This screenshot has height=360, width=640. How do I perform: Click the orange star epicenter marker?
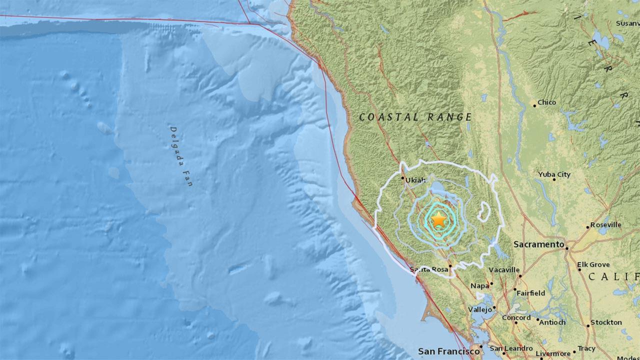pyautogui.click(x=438, y=219)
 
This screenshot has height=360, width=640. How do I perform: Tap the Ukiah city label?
pyautogui.click(x=415, y=180)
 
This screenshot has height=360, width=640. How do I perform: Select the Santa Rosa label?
pyautogui.click(x=429, y=269)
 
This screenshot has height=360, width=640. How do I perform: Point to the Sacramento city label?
pyautogui.click(x=538, y=244)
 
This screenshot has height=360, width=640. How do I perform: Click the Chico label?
pyautogui.click(x=546, y=102)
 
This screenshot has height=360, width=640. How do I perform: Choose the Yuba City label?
pyautogui.click(x=554, y=174)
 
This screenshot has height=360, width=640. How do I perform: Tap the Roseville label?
pyautogui.click(x=605, y=225)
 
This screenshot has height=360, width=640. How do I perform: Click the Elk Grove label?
pyautogui.click(x=593, y=264)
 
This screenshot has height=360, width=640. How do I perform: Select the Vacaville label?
pyautogui.click(x=504, y=270)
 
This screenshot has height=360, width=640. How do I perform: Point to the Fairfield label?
pyautogui.click(x=531, y=293)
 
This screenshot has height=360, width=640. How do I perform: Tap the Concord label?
pyautogui.click(x=516, y=318)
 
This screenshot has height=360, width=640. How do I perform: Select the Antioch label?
pyautogui.click(x=552, y=322)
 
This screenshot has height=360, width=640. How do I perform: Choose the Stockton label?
pyautogui.click(x=606, y=322)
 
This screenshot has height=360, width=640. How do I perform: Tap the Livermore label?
pyautogui.click(x=553, y=354)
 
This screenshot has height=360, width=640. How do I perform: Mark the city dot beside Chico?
pyautogui.click(x=534, y=105)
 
